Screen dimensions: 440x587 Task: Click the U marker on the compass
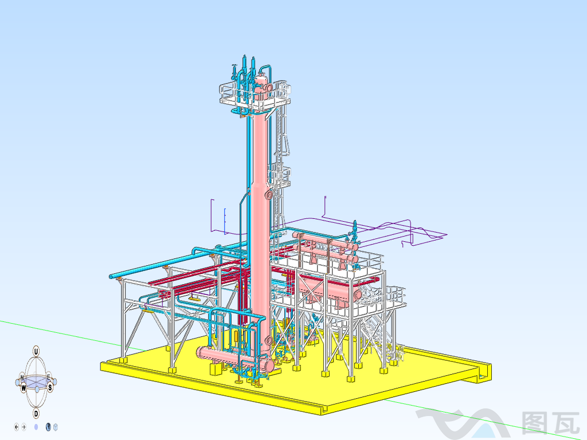click(x=36, y=351)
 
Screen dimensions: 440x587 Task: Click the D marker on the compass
click(x=36, y=413)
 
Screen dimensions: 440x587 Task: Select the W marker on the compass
click(x=24, y=388)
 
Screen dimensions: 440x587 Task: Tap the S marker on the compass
click(x=50, y=388)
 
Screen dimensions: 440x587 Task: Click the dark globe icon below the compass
click(x=48, y=426)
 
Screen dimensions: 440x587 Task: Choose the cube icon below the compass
click(x=56, y=426)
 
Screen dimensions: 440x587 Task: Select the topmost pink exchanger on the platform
click(x=324, y=240)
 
